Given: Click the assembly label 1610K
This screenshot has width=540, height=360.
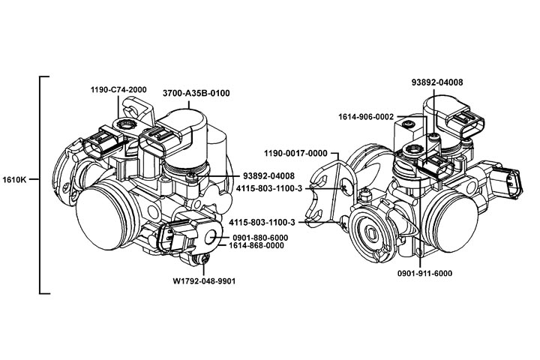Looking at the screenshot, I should click(x=16, y=180).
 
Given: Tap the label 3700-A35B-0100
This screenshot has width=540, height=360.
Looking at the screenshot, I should click(x=196, y=93).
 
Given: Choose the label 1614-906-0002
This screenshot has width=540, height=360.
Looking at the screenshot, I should click(x=366, y=116).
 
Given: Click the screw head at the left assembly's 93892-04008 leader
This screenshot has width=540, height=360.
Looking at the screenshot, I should click(x=193, y=176).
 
